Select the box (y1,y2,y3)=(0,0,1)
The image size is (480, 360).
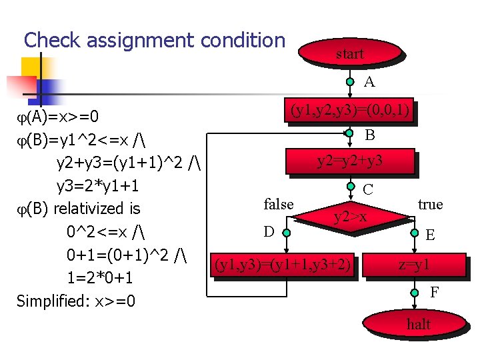click(349, 110)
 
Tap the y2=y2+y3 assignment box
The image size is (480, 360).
click(349, 161)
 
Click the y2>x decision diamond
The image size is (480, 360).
click(350, 216)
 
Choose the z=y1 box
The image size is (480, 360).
click(414, 265)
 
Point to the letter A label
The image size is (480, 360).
click(369, 82)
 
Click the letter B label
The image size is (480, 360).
click(369, 135)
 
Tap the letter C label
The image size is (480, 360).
click(368, 189)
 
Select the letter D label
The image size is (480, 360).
click(269, 232)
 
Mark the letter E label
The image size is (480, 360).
click(431, 235)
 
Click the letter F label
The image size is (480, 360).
click(434, 291)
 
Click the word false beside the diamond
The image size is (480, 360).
click(279, 204)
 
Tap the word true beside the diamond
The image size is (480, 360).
click(430, 204)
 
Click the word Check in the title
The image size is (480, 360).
click(49, 40)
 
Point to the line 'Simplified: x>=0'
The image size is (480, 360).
click(75, 301)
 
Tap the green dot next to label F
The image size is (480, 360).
click(414, 291)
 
